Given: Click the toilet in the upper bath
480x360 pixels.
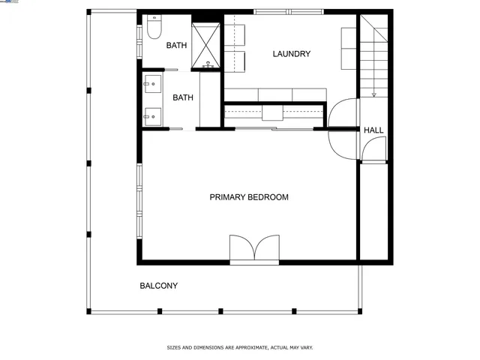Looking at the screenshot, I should pos(154,28).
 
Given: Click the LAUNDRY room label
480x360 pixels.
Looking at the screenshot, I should pos(291,54).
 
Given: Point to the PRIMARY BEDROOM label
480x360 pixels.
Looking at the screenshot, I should pos(248,197).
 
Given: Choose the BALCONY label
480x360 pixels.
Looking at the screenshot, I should pos(158,286).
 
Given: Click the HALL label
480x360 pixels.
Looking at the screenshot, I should pos(373,130).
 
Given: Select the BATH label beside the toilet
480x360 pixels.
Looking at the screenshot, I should pos(176,46).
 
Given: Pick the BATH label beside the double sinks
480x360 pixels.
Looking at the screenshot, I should pos(183,97).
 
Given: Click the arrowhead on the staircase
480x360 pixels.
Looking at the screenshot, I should pos(373,94).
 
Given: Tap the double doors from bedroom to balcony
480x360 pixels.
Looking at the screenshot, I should pos(253,249).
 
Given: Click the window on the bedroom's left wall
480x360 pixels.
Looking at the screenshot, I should pos(139,201).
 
